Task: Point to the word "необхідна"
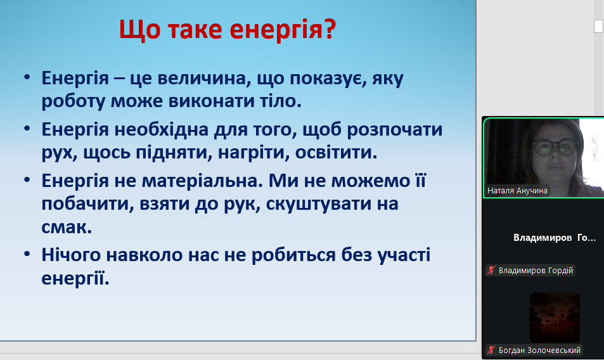(x=162, y=129)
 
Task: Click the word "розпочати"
(x=394, y=130)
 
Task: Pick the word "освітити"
(x=336, y=153)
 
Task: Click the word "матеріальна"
(x=202, y=181)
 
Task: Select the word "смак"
(x=67, y=227)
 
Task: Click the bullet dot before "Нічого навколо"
(x=27, y=255)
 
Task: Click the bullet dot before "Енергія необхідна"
(x=27, y=129)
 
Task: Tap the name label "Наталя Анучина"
(x=517, y=191)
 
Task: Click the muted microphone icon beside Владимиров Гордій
(x=491, y=270)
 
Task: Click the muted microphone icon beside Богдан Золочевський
(x=491, y=350)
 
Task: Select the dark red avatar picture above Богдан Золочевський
(x=555, y=318)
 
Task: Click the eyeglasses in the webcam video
(x=555, y=146)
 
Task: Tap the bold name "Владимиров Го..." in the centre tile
(x=555, y=238)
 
